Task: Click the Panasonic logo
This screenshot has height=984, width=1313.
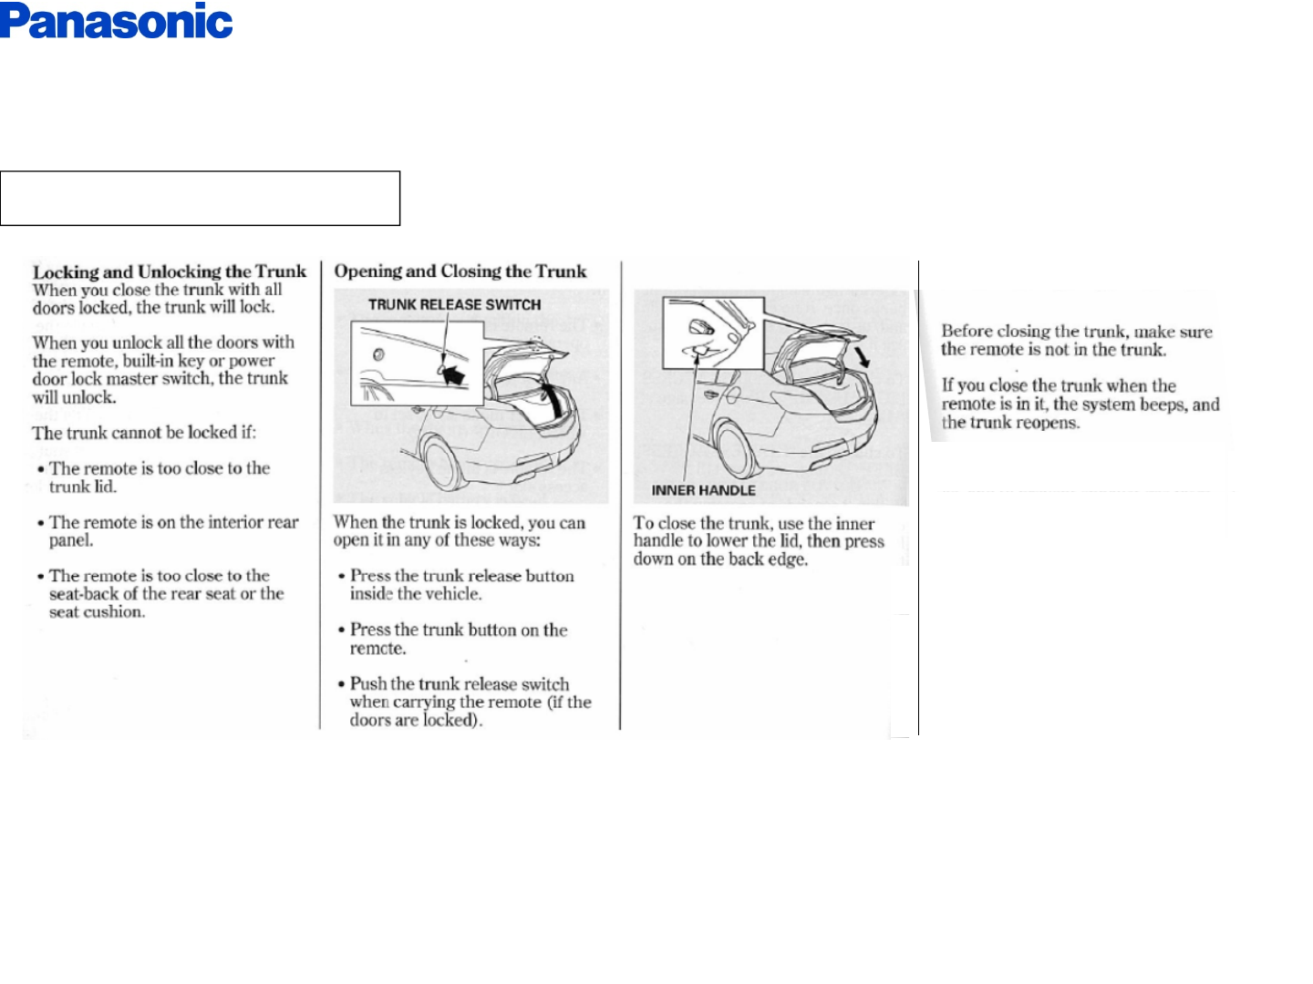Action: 117,22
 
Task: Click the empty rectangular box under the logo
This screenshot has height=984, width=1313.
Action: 200,198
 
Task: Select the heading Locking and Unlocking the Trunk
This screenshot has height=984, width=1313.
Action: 170,272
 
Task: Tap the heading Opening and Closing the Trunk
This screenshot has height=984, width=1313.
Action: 460,271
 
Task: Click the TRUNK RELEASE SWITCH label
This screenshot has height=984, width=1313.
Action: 454,304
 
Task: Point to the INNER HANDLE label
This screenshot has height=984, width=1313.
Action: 703,490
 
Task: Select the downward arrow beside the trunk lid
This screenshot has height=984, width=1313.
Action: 862,354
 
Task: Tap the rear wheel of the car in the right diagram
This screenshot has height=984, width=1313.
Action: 739,447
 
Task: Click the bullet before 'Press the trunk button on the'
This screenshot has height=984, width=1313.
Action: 341,630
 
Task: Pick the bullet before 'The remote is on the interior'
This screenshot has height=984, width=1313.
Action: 40,523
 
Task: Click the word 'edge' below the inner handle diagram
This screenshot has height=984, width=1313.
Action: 789,559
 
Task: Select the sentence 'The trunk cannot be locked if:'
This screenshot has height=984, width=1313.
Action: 144,433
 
